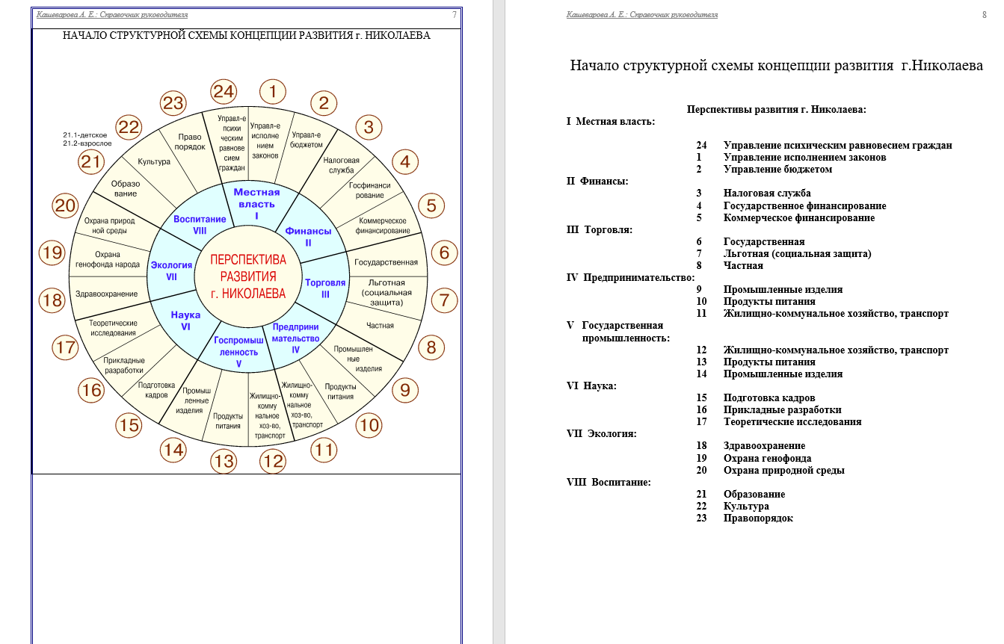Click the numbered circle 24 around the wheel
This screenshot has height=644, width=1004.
click(224, 92)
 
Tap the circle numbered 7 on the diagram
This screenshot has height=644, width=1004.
click(444, 300)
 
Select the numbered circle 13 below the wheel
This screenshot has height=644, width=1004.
click(224, 461)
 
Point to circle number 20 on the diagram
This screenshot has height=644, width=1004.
click(66, 205)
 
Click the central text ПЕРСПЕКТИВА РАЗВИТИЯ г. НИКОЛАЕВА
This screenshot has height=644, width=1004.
click(248, 276)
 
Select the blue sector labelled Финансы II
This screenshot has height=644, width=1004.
click(308, 236)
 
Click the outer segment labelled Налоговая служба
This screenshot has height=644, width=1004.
click(341, 165)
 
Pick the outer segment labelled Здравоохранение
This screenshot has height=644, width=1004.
click(107, 294)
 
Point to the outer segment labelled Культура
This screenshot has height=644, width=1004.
click(154, 161)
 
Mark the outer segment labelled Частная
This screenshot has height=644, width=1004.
click(380, 325)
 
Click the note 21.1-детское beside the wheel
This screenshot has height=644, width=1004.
click(85, 134)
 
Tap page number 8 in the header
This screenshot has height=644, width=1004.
click(984, 15)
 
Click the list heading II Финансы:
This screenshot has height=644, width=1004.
click(597, 182)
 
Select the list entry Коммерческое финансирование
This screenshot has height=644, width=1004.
click(798, 218)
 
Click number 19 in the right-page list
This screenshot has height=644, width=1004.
click(701, 459)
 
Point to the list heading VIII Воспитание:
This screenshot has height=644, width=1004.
click(609, 483)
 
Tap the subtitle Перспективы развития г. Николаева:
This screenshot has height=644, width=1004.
click(776, 110)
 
